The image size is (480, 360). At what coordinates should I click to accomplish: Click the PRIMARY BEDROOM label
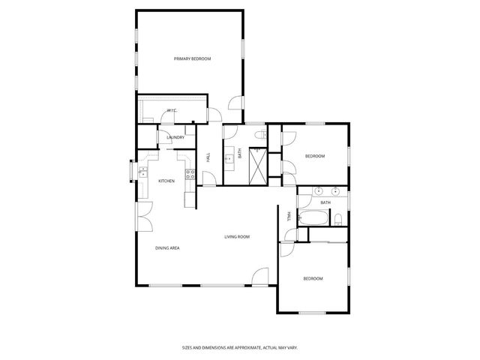click(192, 58)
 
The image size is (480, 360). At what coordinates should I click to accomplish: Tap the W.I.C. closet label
click(171, 110)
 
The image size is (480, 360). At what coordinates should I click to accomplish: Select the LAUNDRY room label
click(175, 137)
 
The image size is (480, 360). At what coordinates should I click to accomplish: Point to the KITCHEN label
click(166, 181)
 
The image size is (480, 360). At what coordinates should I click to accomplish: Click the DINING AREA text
click(167, 247)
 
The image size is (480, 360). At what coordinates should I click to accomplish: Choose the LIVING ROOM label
click(237, 237)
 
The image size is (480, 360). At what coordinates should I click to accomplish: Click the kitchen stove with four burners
click(190, 176)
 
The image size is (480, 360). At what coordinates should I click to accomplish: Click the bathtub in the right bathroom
click(314, 220)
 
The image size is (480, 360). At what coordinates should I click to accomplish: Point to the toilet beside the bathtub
click(338, 219)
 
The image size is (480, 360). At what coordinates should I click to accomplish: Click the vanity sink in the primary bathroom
click(228, 158)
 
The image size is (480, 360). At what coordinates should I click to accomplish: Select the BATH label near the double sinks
click(325, 202)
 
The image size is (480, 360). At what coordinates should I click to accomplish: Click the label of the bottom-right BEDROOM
click(313, 279)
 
